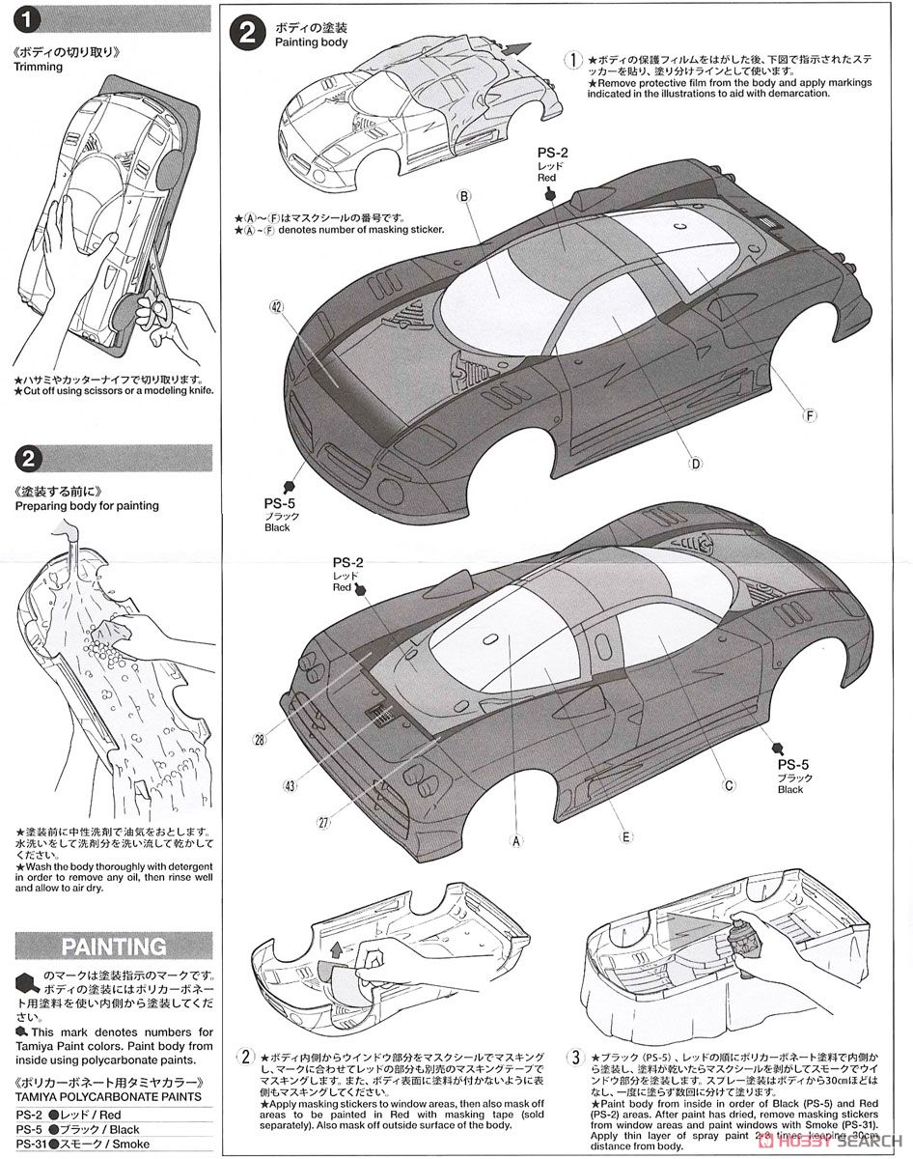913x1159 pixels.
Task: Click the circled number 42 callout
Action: click(x=276, y=306)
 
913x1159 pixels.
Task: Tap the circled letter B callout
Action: click(x=464, y=196)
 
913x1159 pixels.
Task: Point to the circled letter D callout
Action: click(x=694, y=463)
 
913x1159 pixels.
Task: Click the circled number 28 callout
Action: click(x=259, y=740)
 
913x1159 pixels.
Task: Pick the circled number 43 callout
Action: click(x=290, y=785)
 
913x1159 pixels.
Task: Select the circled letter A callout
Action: click(x=516, y=840)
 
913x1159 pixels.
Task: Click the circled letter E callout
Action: click(x=626, y=836)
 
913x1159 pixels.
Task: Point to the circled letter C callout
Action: click(x=730, y=785)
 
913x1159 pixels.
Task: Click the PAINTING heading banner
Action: click(x=114, y=947)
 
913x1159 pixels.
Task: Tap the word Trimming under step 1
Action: click(x=38, y=67)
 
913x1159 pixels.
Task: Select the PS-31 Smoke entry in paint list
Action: click(x=82, y=1144)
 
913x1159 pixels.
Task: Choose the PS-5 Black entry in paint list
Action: click(x=77, y=1129)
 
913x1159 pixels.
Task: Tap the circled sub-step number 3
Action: click(x=575, y=1059)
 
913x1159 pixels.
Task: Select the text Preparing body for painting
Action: click(x=86, y=505)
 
